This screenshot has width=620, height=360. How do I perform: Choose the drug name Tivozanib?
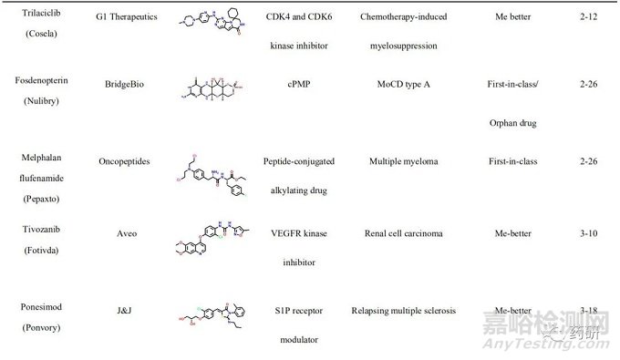(37, 233)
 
